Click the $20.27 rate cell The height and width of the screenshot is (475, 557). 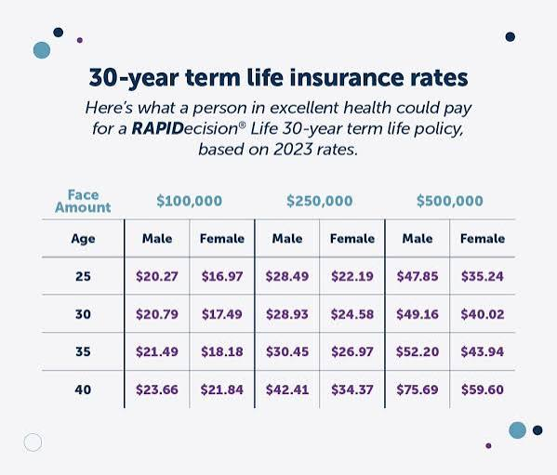click(157, 276)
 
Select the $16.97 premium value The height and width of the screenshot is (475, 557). click(222, 276)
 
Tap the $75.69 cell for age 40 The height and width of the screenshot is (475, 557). click(418, 389)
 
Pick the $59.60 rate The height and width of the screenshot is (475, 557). click(483, 389)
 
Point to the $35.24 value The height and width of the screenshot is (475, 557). click(483, 276)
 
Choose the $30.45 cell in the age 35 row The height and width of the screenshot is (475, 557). click(287, 351)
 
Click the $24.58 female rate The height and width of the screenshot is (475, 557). click(352, 314)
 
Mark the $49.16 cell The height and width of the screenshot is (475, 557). click(418, 314)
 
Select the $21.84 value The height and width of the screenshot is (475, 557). click(222, 389)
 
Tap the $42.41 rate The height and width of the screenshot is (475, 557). click(287, 389)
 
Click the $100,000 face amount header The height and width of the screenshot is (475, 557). click(190, 201)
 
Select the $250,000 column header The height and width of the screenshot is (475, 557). click(320, 201)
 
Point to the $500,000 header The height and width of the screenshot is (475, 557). click(450, 201)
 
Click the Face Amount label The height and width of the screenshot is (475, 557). click(83, 202)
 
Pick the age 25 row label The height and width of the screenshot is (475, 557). click(83, 276)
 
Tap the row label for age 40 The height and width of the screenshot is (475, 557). click(83, 389)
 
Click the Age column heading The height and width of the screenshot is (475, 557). click(83, 239)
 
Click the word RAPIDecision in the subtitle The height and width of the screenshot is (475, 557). click(185, 128)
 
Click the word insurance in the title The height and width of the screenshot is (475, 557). click(346, 77)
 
